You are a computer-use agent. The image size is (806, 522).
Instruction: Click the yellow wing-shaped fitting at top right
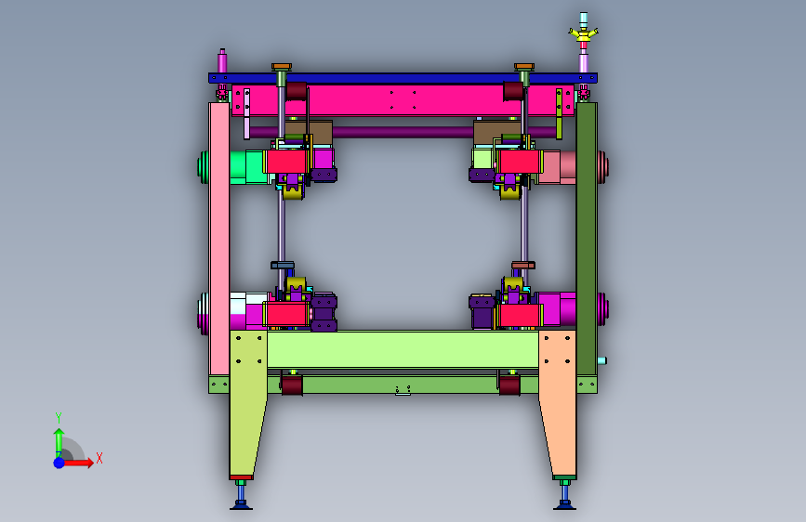(x=583, y=35)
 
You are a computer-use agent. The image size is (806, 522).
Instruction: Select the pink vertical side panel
(x=219, y=239)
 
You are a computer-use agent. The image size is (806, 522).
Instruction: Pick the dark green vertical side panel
(x=587, y=239)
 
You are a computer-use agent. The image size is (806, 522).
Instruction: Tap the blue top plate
(x=403, y=78)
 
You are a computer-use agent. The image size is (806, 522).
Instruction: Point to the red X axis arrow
(x=78, y=463)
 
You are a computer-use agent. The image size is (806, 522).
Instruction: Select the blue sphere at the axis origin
(x=59, y=463)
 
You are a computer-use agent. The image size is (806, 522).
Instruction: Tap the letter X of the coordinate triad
(x=99, y=458)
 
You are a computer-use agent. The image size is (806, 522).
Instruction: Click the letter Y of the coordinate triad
(x=59, y=417)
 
